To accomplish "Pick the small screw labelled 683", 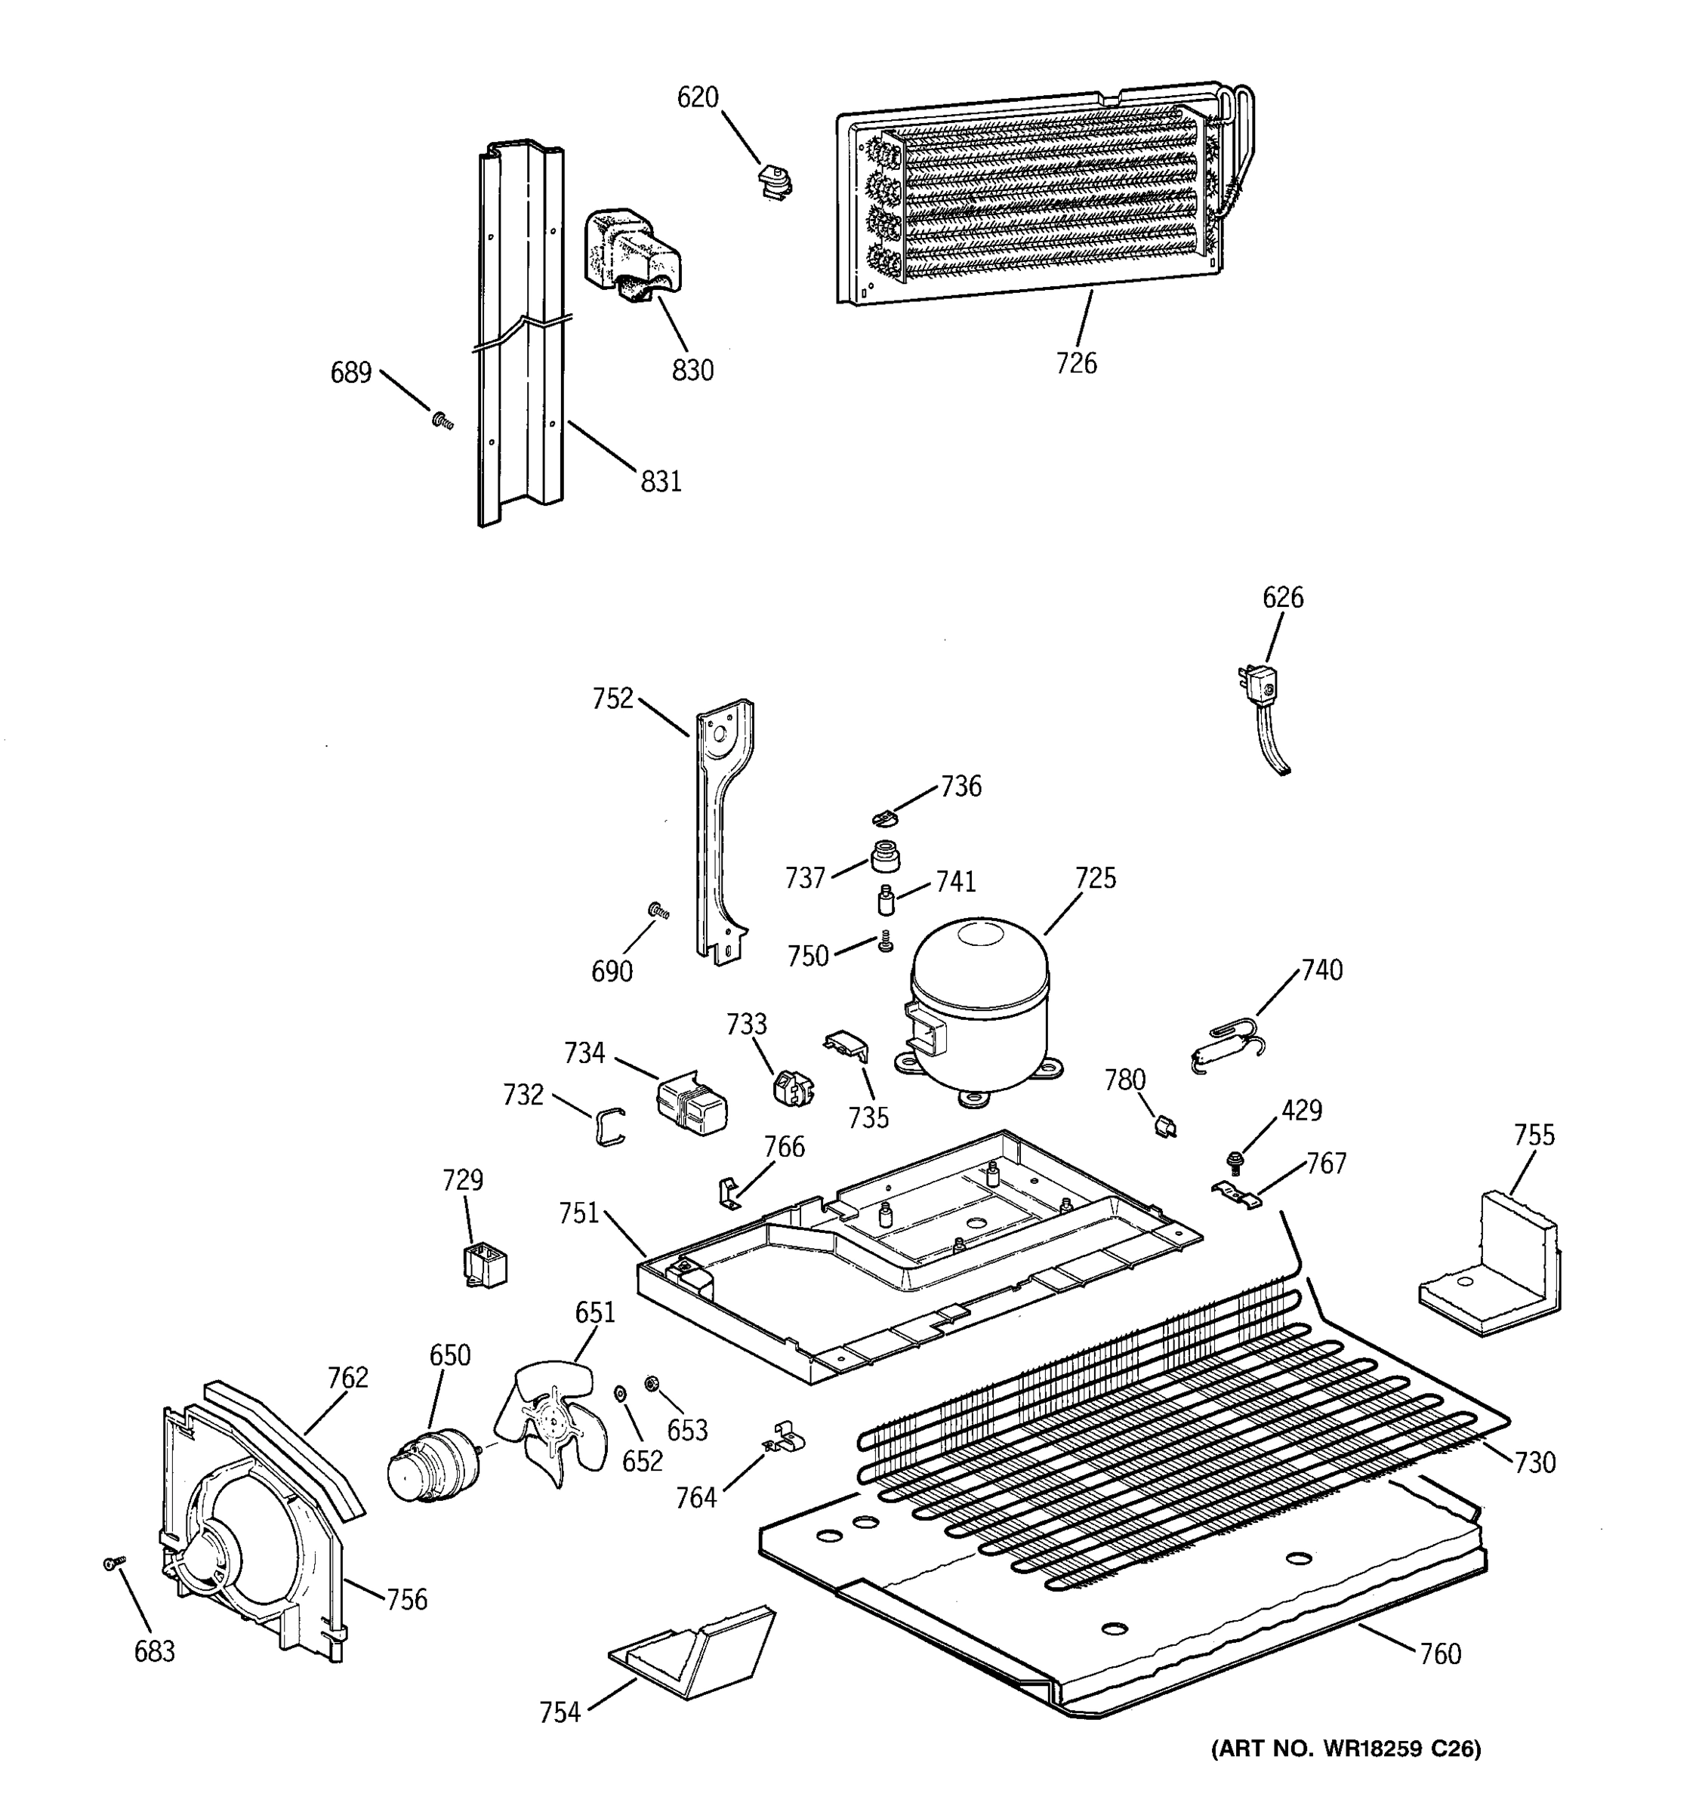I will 113,1563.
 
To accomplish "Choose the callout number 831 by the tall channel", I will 661,480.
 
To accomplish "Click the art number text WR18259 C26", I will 1346,1773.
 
